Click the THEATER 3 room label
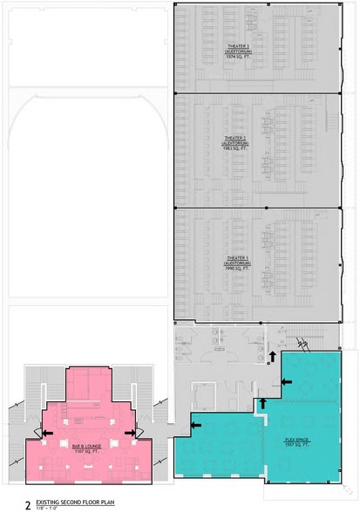pos(237,44)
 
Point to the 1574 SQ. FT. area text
pos(237,58)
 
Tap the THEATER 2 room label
pos(237,138)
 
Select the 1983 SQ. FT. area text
pos(237,149)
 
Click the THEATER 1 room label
pos(237,258)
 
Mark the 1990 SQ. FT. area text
pos(237,270)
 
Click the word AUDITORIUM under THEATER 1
pos(237,264)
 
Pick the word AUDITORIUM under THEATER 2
pos(237,143)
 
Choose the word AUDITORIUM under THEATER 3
pos(237,51)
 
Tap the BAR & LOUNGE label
pos(84,445)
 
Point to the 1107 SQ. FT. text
pos(84,451)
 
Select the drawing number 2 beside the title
pos(28,504)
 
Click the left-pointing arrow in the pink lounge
pos(47,432)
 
